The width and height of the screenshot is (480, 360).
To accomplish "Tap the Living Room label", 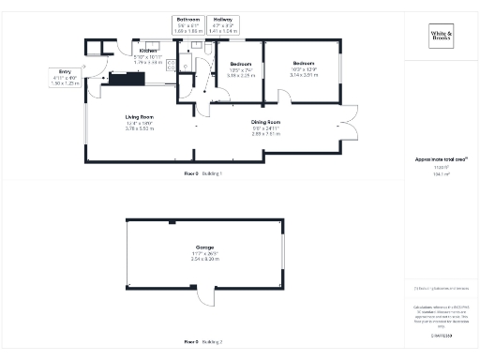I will (x=140, y=117).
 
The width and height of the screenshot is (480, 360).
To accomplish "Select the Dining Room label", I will (x=266, y=123).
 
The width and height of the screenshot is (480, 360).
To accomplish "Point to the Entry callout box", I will (x=66, y=77).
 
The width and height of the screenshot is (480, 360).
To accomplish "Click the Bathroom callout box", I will (x=188, y=24).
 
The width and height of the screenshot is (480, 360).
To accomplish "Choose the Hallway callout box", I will (x=222, y=24).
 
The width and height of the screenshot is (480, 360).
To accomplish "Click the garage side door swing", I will (x=202, y=294).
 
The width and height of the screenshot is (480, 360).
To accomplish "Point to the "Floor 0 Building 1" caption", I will (x=209, y=174).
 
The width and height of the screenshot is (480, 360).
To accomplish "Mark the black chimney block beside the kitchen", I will (x=125, y=79).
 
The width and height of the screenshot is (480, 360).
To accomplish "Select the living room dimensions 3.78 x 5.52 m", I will (x=140, y=127).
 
